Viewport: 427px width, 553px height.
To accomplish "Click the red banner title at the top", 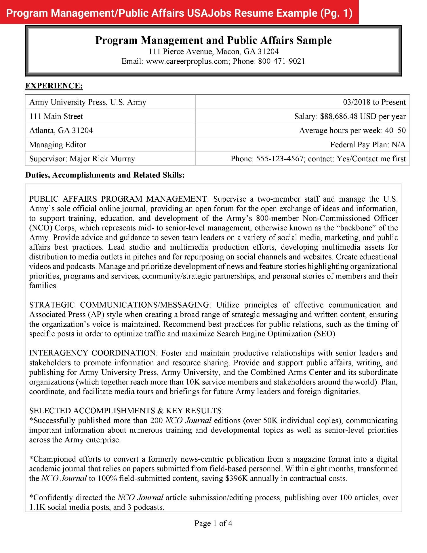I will pos(179,13).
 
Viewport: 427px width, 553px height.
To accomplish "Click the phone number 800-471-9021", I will pos(281,61).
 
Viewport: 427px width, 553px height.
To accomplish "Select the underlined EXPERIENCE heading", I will pos(54,86).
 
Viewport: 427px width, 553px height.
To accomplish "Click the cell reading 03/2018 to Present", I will pos(374,102).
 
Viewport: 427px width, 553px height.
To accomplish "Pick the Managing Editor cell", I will pos(58,145).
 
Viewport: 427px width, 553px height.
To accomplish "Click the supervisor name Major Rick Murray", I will pos(102,159).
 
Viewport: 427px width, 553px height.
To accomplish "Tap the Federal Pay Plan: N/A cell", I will pos(368,145).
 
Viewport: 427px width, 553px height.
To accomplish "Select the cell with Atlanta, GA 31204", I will pos(61,130).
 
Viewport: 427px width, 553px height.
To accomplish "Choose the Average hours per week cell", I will pos(352,130).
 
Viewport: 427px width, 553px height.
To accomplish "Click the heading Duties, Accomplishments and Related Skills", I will pos(105,175).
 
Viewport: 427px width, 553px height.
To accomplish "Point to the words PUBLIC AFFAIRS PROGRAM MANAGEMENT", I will pos(118,199).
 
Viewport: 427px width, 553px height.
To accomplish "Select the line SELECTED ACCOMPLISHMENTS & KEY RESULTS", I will pos(127,411).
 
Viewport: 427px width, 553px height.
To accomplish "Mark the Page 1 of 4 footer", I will pos(213,523).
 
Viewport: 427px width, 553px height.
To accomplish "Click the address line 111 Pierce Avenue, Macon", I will pos(213,52).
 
